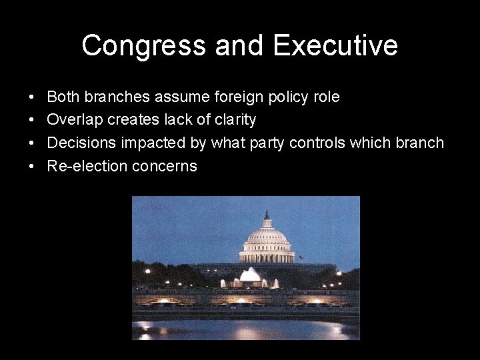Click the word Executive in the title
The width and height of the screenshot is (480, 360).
335,46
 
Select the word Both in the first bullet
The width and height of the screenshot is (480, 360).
62,97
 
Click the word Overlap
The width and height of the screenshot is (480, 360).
73,120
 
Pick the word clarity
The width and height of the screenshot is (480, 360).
234,121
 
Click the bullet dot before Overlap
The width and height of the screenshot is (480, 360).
32,121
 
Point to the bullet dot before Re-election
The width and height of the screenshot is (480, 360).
32,167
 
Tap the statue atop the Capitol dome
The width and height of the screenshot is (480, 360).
267,215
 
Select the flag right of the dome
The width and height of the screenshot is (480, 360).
300,257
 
